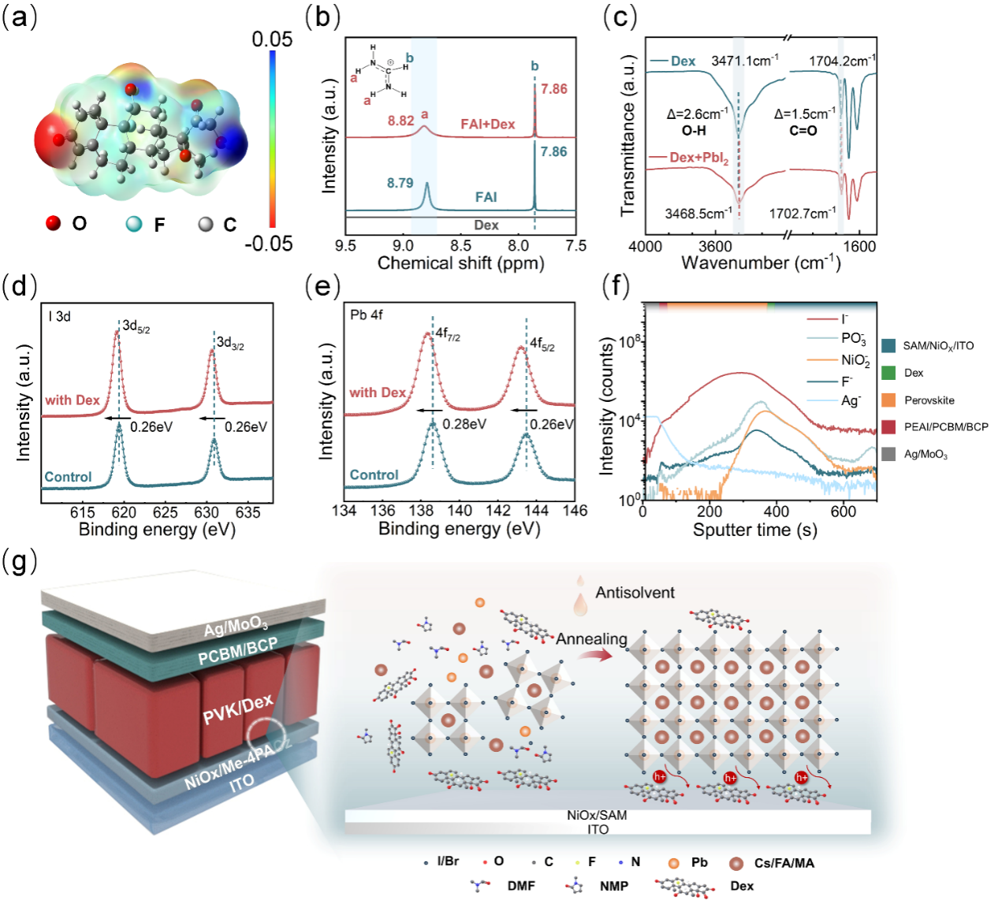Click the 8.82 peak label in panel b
(x=400, y=121)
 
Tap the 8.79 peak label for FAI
(x=400, y=183)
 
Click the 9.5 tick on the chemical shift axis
(x=345, y=246)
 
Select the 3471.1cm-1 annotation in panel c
(x=744, y=61)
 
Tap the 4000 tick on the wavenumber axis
(x=645, y=247)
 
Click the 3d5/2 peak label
(x=136, y=326)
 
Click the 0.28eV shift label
(x=464, y=424)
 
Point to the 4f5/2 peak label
(x=542, y=344)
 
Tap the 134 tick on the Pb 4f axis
(x=344, y=511)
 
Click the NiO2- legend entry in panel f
(x=855, y=360)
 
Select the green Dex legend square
(x=888, y=373)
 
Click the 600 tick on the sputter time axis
(x=843, y=511)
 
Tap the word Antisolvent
(x=635, y=593)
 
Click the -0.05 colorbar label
(x=268, y=244)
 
